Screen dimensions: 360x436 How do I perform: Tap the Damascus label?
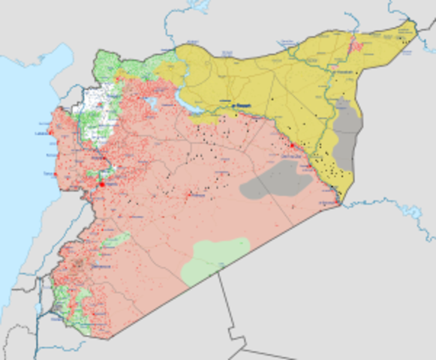coord(93,268)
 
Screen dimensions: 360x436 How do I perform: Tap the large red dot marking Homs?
coord(102,184)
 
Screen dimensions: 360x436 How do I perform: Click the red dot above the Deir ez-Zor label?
coord(292,145)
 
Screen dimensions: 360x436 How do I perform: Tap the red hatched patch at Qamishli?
coord(358,45)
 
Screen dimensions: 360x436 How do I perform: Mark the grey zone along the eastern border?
coord(347,135)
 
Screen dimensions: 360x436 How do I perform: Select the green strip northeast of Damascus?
coord(116,240)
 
